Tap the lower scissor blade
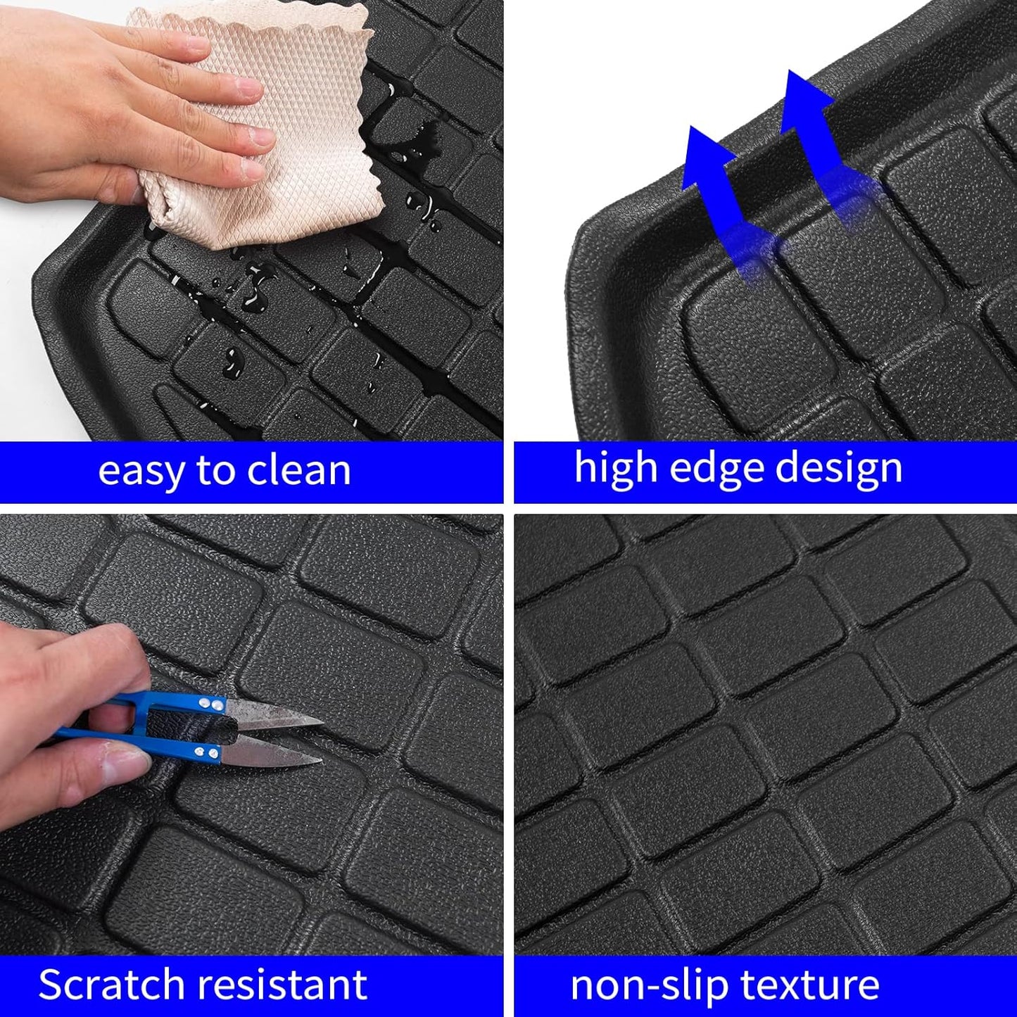[274, 757]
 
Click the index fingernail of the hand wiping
[248, 89]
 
